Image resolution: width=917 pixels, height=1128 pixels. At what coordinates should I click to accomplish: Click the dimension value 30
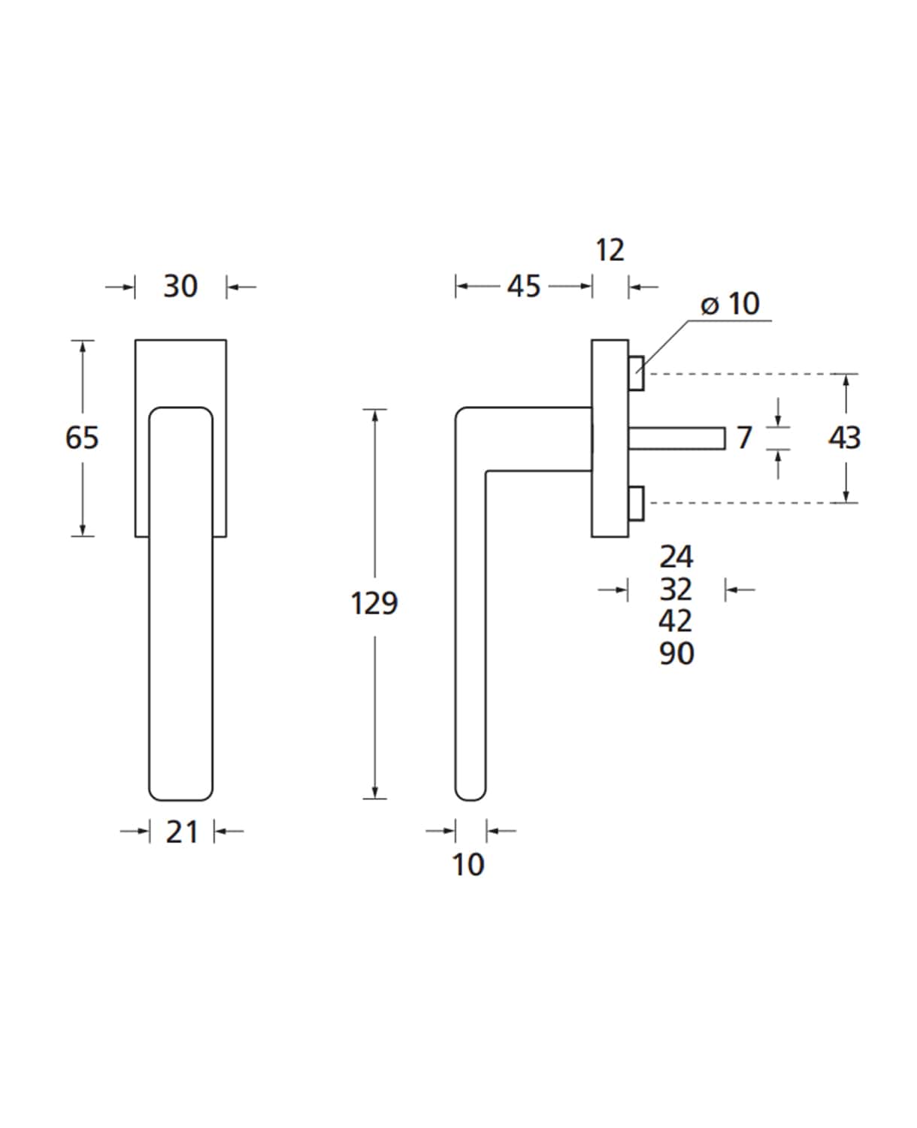tap(180, 287)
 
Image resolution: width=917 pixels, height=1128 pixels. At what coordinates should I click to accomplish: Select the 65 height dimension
tap(82, 438)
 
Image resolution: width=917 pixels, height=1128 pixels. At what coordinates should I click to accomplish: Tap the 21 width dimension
tap(182, 832)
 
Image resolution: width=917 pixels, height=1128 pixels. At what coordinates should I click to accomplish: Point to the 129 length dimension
tap(374, 603)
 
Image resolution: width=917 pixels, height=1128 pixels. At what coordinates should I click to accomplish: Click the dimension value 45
tap(524, 287)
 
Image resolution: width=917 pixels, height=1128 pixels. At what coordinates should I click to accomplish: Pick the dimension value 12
tap(610, 250)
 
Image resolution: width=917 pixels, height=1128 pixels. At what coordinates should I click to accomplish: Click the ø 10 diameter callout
tap(731, 304)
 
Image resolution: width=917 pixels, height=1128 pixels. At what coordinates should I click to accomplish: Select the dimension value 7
tap(744, 438)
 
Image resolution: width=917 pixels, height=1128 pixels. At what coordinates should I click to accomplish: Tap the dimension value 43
tap(845, 438)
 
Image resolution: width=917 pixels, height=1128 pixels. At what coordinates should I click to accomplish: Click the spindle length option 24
tap(676, 556)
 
